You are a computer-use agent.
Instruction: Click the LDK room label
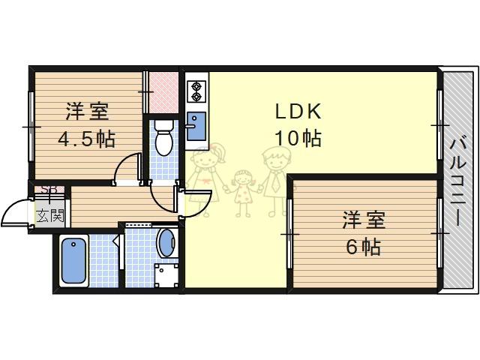point(298,112)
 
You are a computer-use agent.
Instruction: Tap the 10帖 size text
point(298,138)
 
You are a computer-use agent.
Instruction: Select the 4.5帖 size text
point(87,139)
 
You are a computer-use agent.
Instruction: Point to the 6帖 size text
point(364,247)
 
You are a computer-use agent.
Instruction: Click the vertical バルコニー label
point(457,181)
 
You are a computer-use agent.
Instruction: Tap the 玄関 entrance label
point(50,216)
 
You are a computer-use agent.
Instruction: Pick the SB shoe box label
point(49,190)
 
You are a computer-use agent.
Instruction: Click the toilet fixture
point(163,137)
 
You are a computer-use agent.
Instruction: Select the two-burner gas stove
point(196,91)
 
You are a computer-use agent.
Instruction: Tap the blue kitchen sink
point(196,126)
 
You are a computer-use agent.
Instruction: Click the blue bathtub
point(73,261)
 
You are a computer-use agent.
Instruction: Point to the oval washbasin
point(167,243)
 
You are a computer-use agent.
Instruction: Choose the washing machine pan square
point(166,275)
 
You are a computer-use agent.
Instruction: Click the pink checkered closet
point(163,92)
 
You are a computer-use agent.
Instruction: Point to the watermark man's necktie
point(276,181)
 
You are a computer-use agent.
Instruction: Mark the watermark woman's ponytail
point(221,152)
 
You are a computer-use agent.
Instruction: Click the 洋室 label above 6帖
point(364,220)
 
